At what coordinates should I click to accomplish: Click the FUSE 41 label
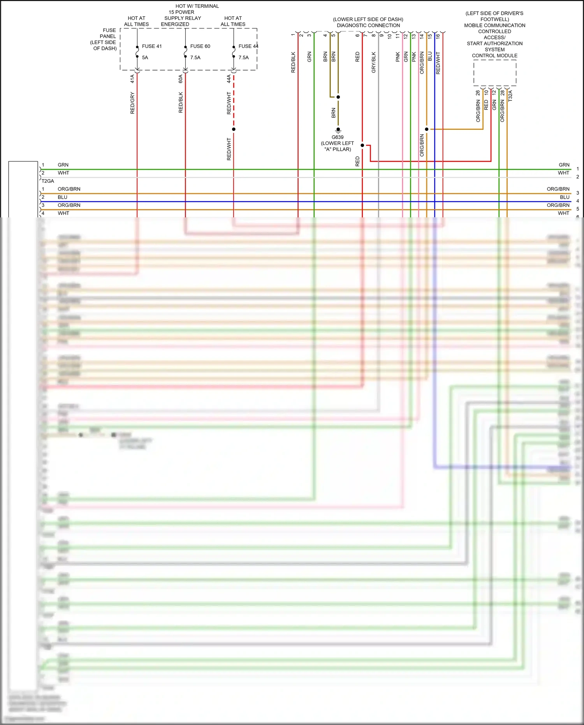[151, 46]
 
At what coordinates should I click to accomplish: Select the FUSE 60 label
[200, 46]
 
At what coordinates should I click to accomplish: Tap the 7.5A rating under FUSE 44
[243, 58]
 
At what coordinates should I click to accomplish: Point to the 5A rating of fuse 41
[145, 58]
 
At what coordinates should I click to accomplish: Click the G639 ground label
[338, 137]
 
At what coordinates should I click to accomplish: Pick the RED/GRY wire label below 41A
[132, 103]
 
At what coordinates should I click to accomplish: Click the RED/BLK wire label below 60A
[181, 102]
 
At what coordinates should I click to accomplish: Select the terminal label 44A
[229, 79]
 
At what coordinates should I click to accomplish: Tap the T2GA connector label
[48, 181]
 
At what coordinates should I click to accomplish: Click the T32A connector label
[510, 96]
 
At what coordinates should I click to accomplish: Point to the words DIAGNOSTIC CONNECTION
[368, 26]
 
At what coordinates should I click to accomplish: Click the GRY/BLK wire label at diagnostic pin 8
[374, 62]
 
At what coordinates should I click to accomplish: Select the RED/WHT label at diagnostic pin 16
[438, 63]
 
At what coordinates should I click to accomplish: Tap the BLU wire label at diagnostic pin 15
[430, 56]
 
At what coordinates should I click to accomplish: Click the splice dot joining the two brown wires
[338, 97]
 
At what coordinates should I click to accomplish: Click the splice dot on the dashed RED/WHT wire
[234, 129]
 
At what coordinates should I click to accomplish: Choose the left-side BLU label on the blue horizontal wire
[62, 197]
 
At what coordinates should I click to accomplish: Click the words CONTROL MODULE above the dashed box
[494, 56]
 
